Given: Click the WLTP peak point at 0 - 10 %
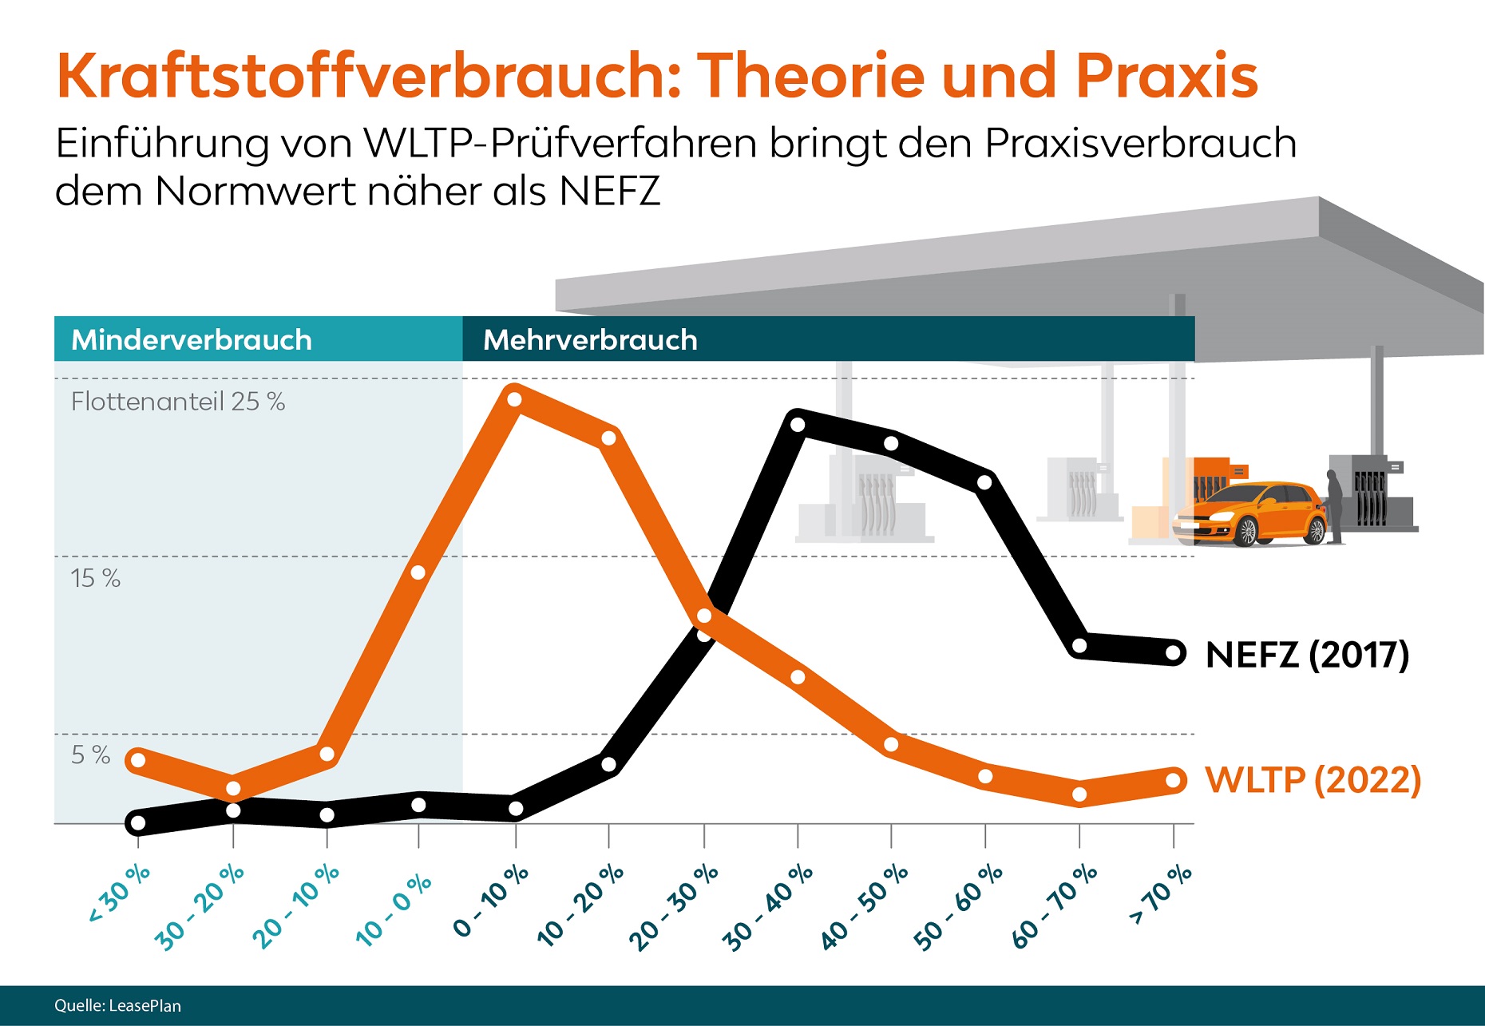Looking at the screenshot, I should point(515,398).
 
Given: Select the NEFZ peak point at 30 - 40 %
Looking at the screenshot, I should point(798,424).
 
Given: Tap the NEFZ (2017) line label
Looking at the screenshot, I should point(1307,655).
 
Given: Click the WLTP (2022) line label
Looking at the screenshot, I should point(1313,780).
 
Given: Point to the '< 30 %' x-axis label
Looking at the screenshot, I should point(119,893).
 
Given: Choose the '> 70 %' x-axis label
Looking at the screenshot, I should point(1161,893).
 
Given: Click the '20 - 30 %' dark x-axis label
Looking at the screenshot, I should point(674,907).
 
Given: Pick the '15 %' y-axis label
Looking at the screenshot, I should point(95,578).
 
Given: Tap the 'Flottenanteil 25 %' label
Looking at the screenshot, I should point(177,402).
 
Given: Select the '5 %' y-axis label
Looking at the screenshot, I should point(90,755).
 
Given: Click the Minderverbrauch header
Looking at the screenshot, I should point(192,340).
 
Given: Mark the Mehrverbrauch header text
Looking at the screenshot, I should point(590,340).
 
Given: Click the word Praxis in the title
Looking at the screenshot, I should point(1166,77).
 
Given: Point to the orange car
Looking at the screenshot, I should point(1249,514).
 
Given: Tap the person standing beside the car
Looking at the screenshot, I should point(1333,505).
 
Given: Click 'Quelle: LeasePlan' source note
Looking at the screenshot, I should point(117,1006).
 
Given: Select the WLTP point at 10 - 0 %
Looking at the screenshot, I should point(418,572).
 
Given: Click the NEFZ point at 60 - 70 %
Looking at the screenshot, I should point(1079,646).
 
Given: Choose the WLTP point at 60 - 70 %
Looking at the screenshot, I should point(1079,794).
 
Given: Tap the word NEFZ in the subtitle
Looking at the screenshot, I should point(610,192).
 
